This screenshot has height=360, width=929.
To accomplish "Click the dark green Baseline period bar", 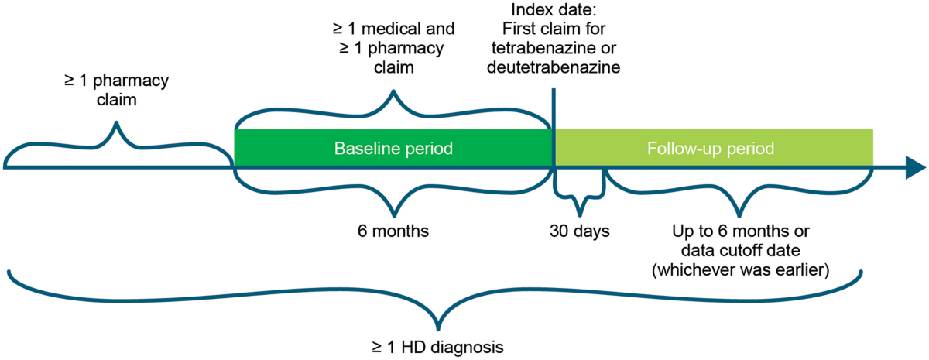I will coord(393,148).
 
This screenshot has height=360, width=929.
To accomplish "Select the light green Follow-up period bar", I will coord(714,148).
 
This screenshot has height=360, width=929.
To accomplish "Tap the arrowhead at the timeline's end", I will coord(915,166).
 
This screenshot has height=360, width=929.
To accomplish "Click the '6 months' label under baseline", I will coord(393,231).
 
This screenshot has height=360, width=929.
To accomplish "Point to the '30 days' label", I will coord(580,231).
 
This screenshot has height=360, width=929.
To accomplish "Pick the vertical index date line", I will coord(554,116).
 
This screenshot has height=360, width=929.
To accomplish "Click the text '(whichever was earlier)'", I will coord(740,269).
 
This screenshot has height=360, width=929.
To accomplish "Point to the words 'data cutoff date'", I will coord(740,250).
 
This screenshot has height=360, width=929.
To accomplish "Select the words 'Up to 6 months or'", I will coord(740,231).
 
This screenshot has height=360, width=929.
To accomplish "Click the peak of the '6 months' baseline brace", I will coord(394,214).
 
